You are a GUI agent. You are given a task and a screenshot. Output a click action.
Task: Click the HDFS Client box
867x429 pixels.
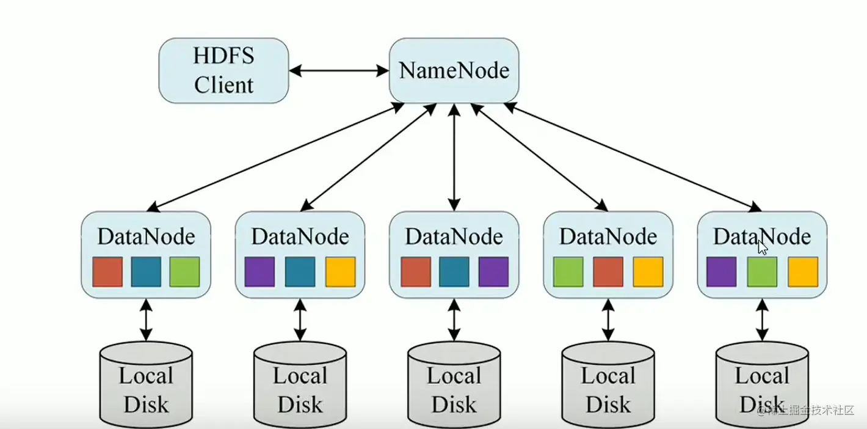click(x=223, y=70)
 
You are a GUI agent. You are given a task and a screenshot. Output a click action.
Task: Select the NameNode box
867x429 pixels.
click(x=454, y=70)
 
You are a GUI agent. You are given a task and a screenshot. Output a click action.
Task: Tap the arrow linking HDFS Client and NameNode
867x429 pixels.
click(x=339, y=71)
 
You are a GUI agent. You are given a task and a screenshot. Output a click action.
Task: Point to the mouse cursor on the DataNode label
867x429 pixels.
click(x=763, y=247)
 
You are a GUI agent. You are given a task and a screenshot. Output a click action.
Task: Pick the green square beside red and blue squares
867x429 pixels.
click(x=184, y=272)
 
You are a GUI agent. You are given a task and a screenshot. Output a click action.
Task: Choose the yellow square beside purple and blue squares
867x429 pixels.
click(x=340, y=272)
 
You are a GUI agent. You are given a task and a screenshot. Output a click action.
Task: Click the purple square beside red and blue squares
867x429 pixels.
click(x=493, y=272)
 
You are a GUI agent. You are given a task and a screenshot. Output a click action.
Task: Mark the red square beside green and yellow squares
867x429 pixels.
click(x=608, y=272)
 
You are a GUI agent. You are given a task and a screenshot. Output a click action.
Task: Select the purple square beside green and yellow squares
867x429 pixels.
click(x=722, y=272)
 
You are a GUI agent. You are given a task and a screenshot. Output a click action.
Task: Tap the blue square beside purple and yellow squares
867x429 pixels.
click(x=300, y=272)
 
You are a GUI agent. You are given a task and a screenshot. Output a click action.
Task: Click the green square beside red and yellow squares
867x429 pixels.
click(x=568, y=272)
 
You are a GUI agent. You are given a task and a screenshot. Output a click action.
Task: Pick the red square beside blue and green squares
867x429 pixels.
click(x=107, y=272)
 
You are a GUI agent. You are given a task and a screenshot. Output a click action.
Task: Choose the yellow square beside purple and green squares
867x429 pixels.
click(x=803, y=272)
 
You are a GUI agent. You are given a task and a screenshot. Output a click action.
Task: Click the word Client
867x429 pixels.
click(x=223, y=84)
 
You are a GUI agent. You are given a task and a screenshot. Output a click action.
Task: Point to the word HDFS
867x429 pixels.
click(x=223, y=56)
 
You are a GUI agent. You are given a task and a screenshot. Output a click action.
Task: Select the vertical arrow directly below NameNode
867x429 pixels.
click(x=454, y=157)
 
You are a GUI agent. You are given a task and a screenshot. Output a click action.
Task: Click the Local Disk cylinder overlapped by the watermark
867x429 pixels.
click(x=762, y=385)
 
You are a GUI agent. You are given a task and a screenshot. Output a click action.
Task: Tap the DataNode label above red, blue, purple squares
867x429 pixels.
click(x=454, y=237)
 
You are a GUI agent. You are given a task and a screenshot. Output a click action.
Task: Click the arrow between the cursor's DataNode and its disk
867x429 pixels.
click(x=762, y=320)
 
